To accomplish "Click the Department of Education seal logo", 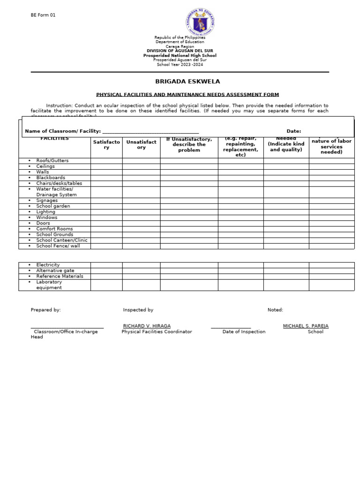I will pos(200,22).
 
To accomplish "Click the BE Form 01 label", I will pos(43,15).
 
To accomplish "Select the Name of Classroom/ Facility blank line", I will pos(150,132).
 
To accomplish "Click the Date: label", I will pos(294,131).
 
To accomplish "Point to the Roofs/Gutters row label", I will pos(52,161).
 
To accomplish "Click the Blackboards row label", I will pos(51,178).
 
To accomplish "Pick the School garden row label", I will pos(53,206).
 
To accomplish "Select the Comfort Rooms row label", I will pos(54,229).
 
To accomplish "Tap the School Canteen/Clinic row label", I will pos(62,240).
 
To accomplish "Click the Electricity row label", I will pos(48,265).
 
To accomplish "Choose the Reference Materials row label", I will pos(60,276).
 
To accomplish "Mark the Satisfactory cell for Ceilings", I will pos(106,166).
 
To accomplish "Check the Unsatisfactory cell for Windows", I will pos(141,217).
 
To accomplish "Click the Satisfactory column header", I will pos(106,144).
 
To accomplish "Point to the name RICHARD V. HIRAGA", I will pos(147,326).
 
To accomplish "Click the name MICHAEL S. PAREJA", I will pos(306,326).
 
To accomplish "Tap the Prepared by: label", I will pos(45,310).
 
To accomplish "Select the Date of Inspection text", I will pos(244,332).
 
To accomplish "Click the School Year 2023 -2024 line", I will pos(180,65).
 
